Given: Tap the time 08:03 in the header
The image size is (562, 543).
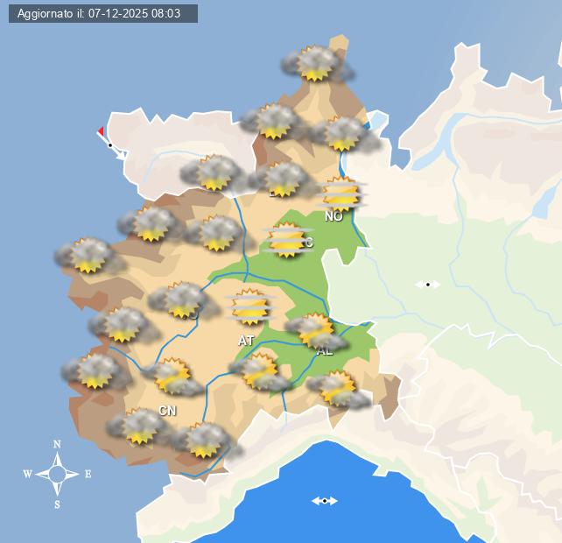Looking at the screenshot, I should [x=165, y=14].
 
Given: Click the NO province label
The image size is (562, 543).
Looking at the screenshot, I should [x=334, y=216].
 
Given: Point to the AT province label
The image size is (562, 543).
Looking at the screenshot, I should [x=246, y=340].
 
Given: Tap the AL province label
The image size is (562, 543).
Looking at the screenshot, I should [x=325, y=351].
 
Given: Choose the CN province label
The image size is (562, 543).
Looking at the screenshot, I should [x=167, y=410].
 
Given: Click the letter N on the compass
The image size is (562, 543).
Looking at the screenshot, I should [x=58, y=445].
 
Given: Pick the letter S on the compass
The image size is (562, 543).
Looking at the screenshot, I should [x=58, y=504].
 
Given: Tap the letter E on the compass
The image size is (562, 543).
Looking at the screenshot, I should [x=88, y=475].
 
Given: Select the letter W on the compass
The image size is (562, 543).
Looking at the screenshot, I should [x=28, y=475].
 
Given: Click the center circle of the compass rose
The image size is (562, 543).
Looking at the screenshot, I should [x=58, y=475].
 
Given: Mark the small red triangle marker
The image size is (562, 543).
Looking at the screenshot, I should [x=101, y=131].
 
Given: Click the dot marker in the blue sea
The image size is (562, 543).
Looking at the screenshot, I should [x=325, y=501].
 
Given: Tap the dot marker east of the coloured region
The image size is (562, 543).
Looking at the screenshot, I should [x=427, y=284].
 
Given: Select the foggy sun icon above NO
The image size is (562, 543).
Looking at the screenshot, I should [x=341, y=194].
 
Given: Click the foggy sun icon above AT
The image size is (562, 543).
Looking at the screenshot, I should [x=251, y=307].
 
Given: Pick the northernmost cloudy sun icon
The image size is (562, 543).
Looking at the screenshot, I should [x=315, y=63].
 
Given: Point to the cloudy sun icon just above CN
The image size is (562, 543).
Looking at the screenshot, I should [x=172, y=376].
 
